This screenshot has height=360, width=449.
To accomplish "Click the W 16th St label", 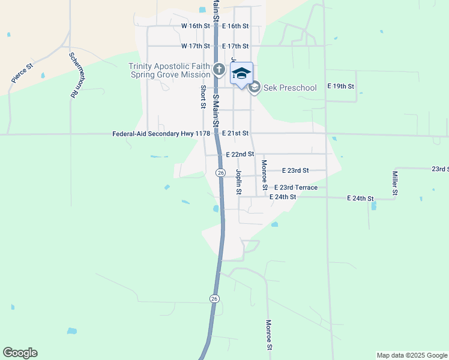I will (196, 26).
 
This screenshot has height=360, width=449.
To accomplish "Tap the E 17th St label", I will (235, 46).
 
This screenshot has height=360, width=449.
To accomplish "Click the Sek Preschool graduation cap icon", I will (255, 88).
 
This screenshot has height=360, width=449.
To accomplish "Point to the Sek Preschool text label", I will (290, 88).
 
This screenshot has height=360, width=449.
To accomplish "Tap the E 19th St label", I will (341, 86).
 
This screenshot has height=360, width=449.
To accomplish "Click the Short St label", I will (203, 97).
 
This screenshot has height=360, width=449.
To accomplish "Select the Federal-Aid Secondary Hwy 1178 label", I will (161, 134).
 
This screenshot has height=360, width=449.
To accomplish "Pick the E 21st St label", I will (235, 133).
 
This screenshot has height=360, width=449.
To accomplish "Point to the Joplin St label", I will (238, 182).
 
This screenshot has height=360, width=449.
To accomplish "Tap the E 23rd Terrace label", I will (296, 188).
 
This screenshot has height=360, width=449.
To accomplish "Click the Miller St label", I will (395, 184).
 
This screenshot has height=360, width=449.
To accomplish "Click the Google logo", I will (20, 353).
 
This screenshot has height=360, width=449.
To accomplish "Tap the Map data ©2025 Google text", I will (411, 355).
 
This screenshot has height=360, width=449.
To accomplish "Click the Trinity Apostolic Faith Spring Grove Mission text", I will (169, 70).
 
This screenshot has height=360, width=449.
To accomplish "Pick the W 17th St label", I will (196, 46).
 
